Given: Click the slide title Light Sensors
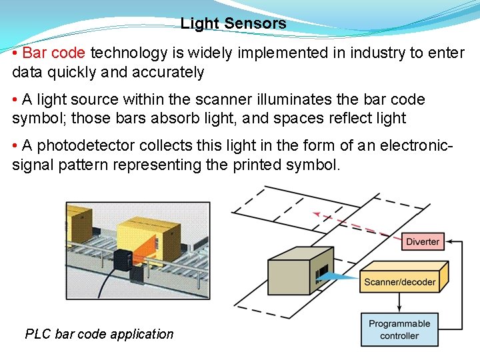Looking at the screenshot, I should (233, 24).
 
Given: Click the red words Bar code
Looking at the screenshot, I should (54, 53).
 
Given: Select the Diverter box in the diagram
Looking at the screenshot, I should (423, 241).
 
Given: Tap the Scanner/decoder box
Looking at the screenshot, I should (400, 281).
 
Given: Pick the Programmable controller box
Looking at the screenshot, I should (399, 330).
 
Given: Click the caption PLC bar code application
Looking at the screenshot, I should (99, 334).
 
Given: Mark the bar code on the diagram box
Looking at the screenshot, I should (323, 274).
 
